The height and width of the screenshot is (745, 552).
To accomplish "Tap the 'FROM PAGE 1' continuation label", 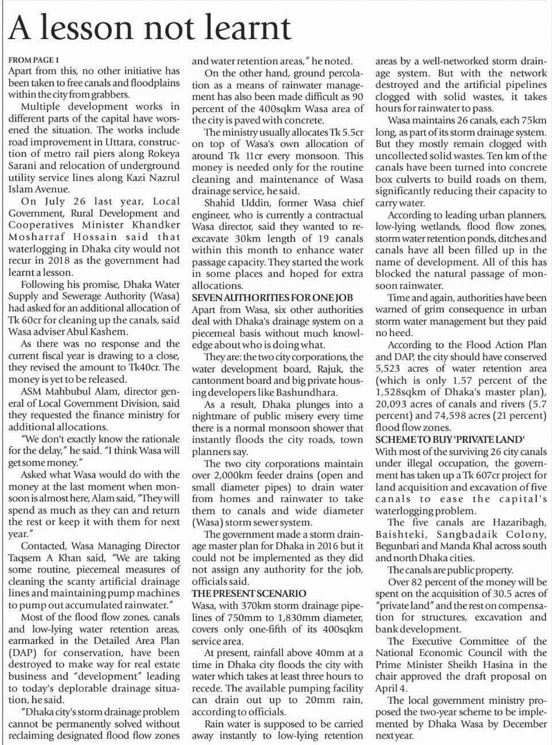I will [34, 60].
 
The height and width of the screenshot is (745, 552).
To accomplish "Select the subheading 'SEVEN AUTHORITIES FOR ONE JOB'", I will [272, 298].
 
